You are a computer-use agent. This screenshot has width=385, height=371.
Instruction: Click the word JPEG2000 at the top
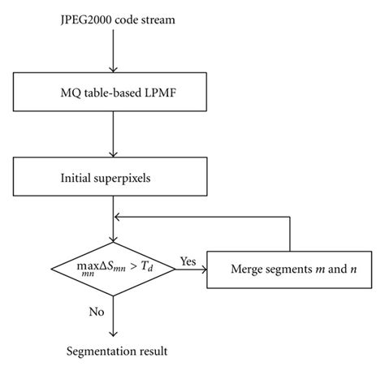(x=84, y=17)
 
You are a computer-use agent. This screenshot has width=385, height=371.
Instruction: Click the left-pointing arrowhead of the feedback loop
(x=118, y=217)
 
